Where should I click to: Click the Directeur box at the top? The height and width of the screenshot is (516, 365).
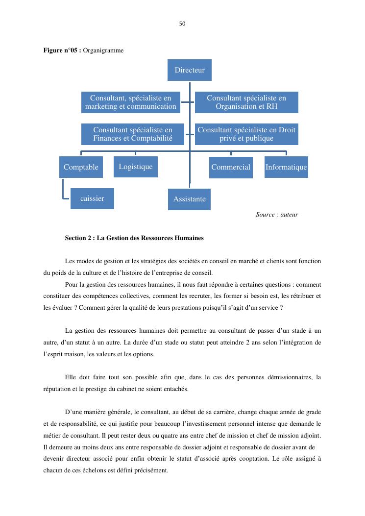[x=190, y=70]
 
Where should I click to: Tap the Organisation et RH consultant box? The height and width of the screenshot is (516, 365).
[x=246, y=102]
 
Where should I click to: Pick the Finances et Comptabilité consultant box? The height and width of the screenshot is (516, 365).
[x=133, y=134]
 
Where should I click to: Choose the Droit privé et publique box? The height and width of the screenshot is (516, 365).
[x=246, y=134]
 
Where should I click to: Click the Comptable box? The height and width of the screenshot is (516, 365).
[x=81, y=167]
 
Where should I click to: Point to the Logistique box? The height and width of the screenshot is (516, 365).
[x=136, y=167]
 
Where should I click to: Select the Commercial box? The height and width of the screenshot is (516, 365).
[x=231, y=167]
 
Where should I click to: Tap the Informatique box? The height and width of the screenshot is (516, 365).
[x=286, y=167]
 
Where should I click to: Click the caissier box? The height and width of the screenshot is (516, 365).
[x=92, y=198]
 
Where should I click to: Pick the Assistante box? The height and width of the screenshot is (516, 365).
[x=189, y=199]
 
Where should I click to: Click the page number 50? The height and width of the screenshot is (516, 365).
[x=182, y=24]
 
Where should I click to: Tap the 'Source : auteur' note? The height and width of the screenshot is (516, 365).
[x=277, y=215]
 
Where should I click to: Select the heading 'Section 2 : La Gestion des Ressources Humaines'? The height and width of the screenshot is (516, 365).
[x=134, y=238]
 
